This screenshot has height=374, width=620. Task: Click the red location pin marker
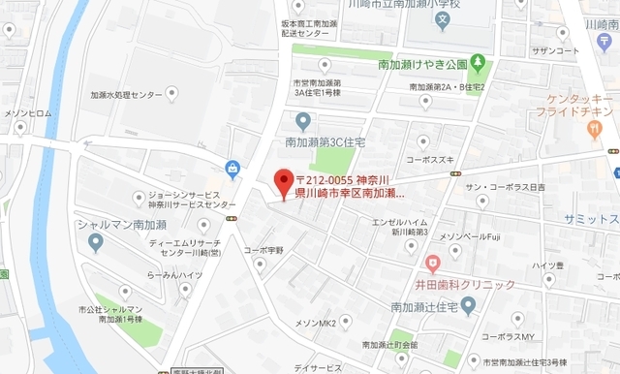283,182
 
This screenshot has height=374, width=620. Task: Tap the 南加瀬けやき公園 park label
422,64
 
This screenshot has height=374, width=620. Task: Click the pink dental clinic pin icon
433,262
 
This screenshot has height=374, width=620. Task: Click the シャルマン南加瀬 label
111,224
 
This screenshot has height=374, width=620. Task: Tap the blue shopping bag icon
233,171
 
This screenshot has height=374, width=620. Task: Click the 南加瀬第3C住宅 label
324,141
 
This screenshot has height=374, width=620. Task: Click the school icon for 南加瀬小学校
442,18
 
